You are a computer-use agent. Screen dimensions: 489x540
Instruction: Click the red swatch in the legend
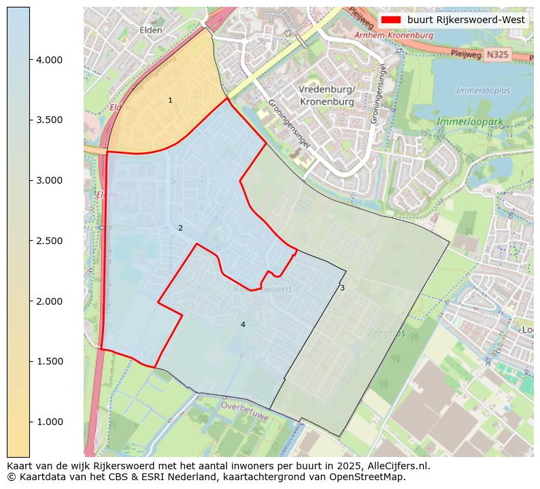(x=391, y=20)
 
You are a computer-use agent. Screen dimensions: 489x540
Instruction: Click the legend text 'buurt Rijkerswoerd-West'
(x=466, y=20)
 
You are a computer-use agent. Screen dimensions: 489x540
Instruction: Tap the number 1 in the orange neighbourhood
(x=170, y=101)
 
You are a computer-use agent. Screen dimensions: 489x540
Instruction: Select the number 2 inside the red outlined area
(x=180, y=229)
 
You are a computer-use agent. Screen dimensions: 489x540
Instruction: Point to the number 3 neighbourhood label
(x=342, y=288)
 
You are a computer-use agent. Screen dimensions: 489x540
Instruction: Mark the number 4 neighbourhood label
(x=243, y=325)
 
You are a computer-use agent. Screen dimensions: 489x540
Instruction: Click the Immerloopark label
(x=470, y=122)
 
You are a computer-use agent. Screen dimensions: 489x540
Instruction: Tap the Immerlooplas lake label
(x=483, y=90)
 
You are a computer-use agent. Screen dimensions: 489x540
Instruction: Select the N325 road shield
(x=497, y=54)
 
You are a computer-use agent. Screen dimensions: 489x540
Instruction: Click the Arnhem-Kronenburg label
(x=394, y=35)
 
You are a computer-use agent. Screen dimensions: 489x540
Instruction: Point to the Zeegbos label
(x=386, y=333)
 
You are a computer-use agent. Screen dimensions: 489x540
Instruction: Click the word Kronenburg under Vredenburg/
(x=326, y=101)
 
